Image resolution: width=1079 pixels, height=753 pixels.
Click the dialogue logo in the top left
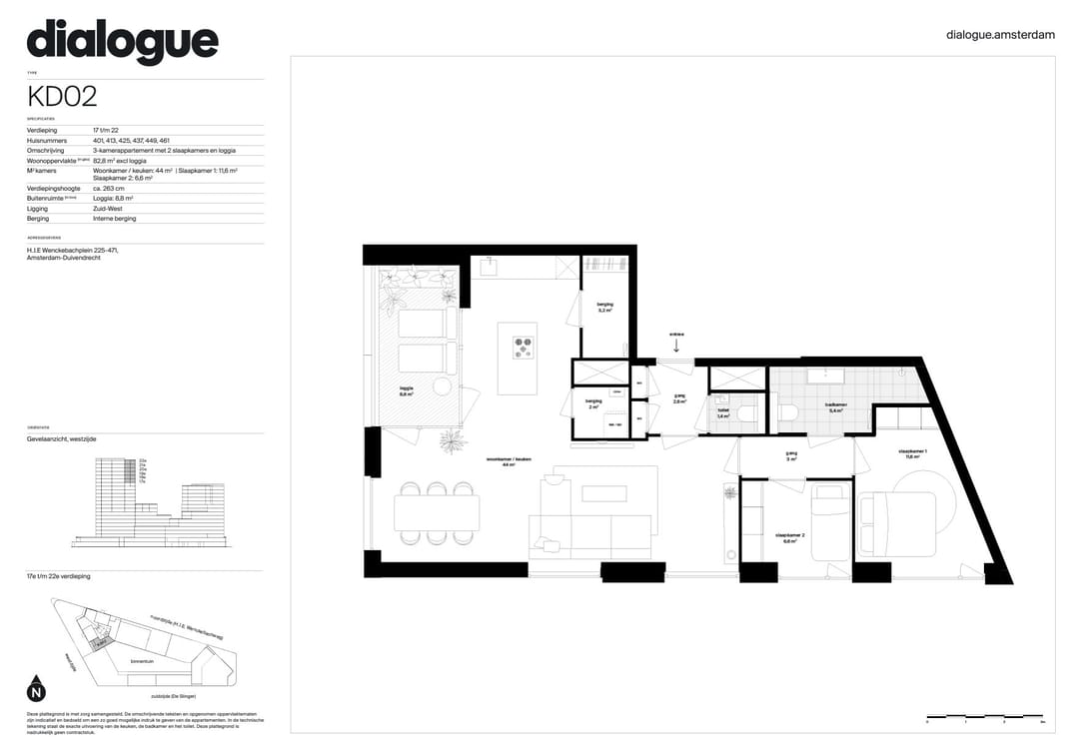pyautogui.click(x=122, y=41)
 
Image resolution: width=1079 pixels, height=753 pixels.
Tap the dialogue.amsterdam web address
pyautogui.click(x=999, y=35)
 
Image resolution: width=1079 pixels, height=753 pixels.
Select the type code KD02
pyautogui.click(x=62, y=97)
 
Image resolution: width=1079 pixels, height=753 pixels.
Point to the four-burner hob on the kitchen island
pyautogui.click(x=524, y=348)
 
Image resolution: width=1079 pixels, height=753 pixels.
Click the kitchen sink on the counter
pyautogui.click(x=490, y=267)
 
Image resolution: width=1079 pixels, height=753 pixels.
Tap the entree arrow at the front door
pyautogui.click(x=676, y=345)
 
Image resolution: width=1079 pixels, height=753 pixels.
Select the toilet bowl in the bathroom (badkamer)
pyautogui.click(x=787, y=411)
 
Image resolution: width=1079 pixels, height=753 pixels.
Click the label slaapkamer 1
pyautogui.click(x=912, y=452)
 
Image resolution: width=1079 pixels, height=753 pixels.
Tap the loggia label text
pyautogui.click(x=407, y=388)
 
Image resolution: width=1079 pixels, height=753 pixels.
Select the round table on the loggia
pyautogui.click(x=442, y=386)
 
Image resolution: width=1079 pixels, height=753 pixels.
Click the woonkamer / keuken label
pyautogui.click(x=509, y=460)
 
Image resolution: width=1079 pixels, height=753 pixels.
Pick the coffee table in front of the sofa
pyautogui.click(x=603, y=493)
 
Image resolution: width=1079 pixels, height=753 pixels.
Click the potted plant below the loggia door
pyautogui.click(x=453, y=440)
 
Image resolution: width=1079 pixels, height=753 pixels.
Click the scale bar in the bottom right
pyautogui.click(x=985, y=718)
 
